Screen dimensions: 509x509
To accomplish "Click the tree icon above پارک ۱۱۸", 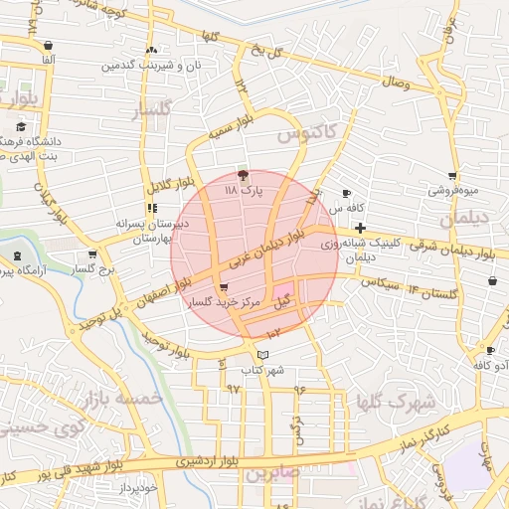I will (x=244, y=173).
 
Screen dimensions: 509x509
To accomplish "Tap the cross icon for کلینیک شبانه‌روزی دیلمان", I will (x=360, y=229).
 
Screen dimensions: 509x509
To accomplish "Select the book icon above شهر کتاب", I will (x=262, y=355).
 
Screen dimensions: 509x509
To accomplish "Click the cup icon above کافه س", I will (x=346, y=193).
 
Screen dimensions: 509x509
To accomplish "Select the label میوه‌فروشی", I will (x=453, y=189).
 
